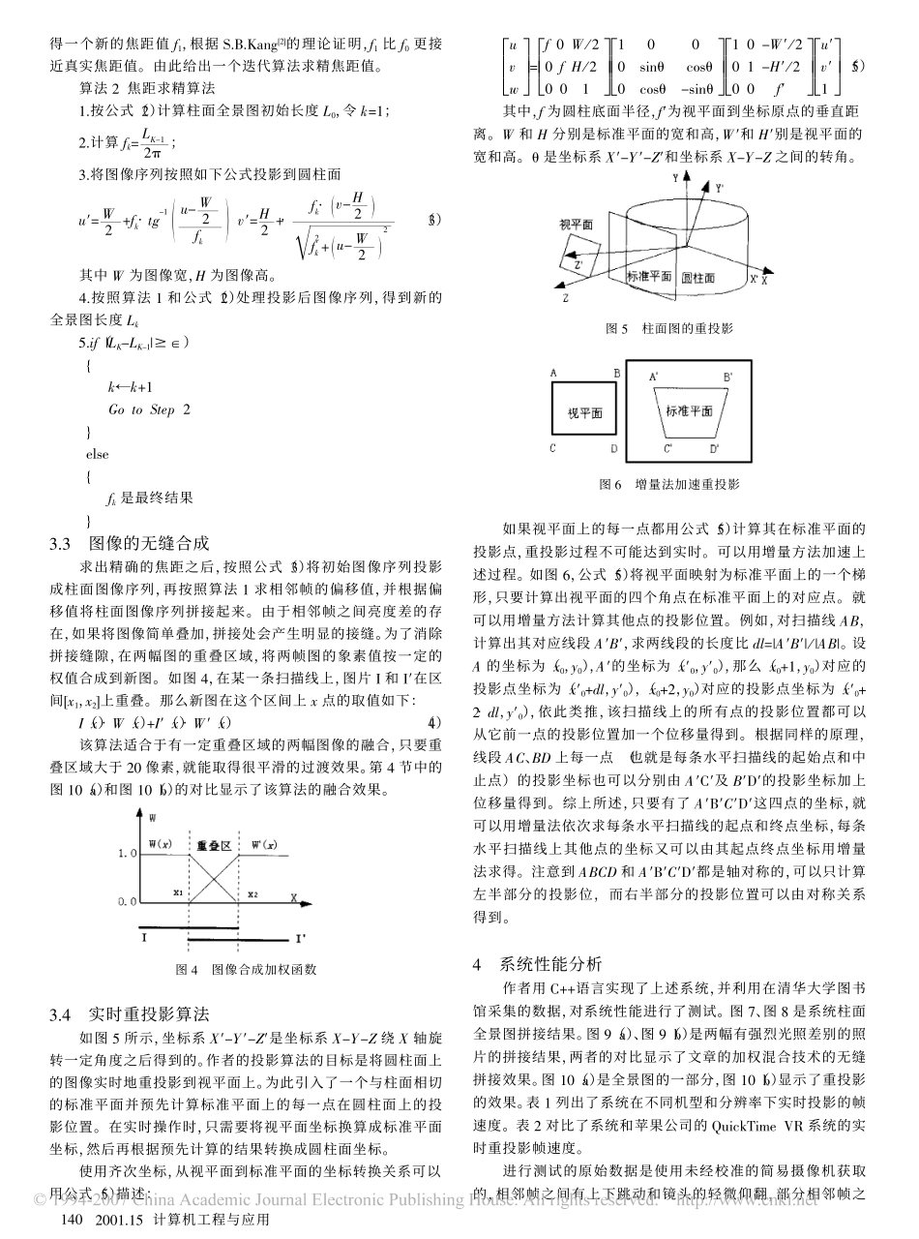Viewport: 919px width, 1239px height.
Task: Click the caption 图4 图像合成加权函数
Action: click(245, 969)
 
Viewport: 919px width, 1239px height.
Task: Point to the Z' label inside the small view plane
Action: click(578, 262)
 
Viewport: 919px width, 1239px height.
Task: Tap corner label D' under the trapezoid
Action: click(714, 449)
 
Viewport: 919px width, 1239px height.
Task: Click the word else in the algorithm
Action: click(98, 454)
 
